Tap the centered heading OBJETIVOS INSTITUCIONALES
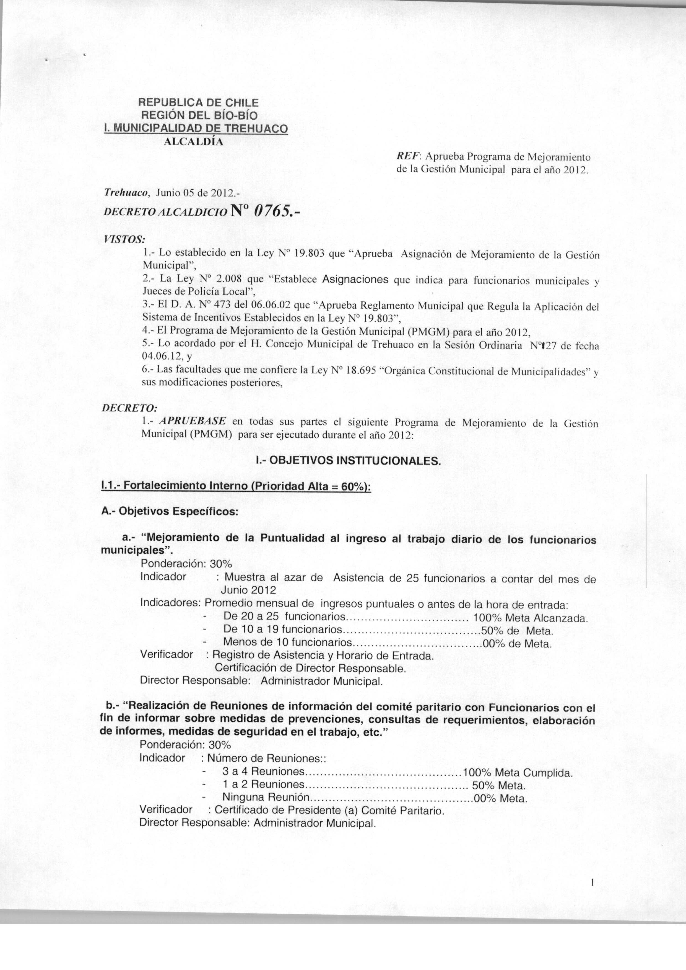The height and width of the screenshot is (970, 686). [x=349, y=461]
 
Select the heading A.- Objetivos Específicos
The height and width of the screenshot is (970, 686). [x=170, y=511]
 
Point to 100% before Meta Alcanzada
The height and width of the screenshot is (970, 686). [x=487, y=618]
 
